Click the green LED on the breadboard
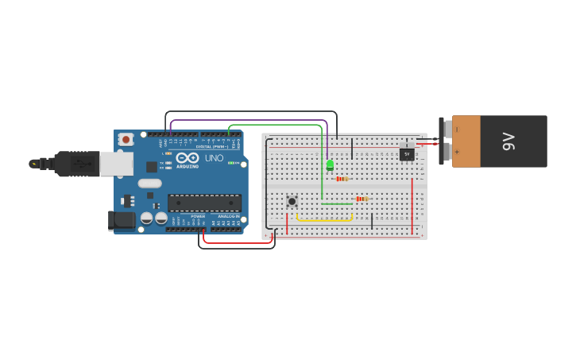pos(330,165)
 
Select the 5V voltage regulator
pos(407,153)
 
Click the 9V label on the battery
pos(509,141)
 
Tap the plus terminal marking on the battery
pos(457,151)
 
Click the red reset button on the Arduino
pos(126,139)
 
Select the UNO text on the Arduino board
pos(214,158)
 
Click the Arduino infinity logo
pos(187,157)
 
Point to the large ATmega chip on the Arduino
pos(204,203)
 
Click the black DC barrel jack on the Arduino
pos(121,220)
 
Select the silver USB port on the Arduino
pos(116,164)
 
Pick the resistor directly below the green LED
pos(342,179)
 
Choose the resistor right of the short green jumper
pos(361,199)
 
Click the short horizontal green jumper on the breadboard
pos(337,204)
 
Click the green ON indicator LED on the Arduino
pos(232,163)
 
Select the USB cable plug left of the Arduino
pos(76,164)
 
